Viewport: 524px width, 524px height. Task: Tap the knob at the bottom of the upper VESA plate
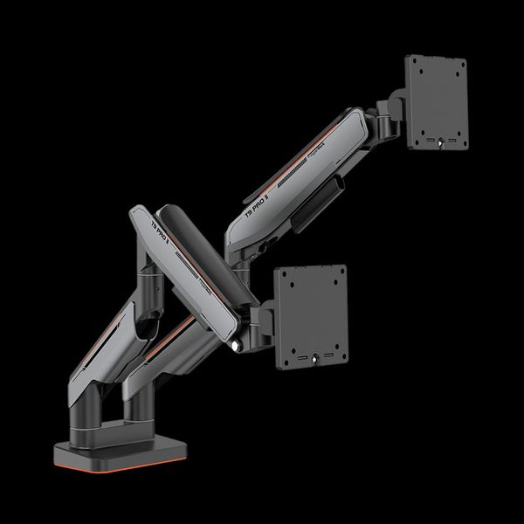click(x=440, y=145)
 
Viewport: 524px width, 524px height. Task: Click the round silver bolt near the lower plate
click(x=235, y=348)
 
